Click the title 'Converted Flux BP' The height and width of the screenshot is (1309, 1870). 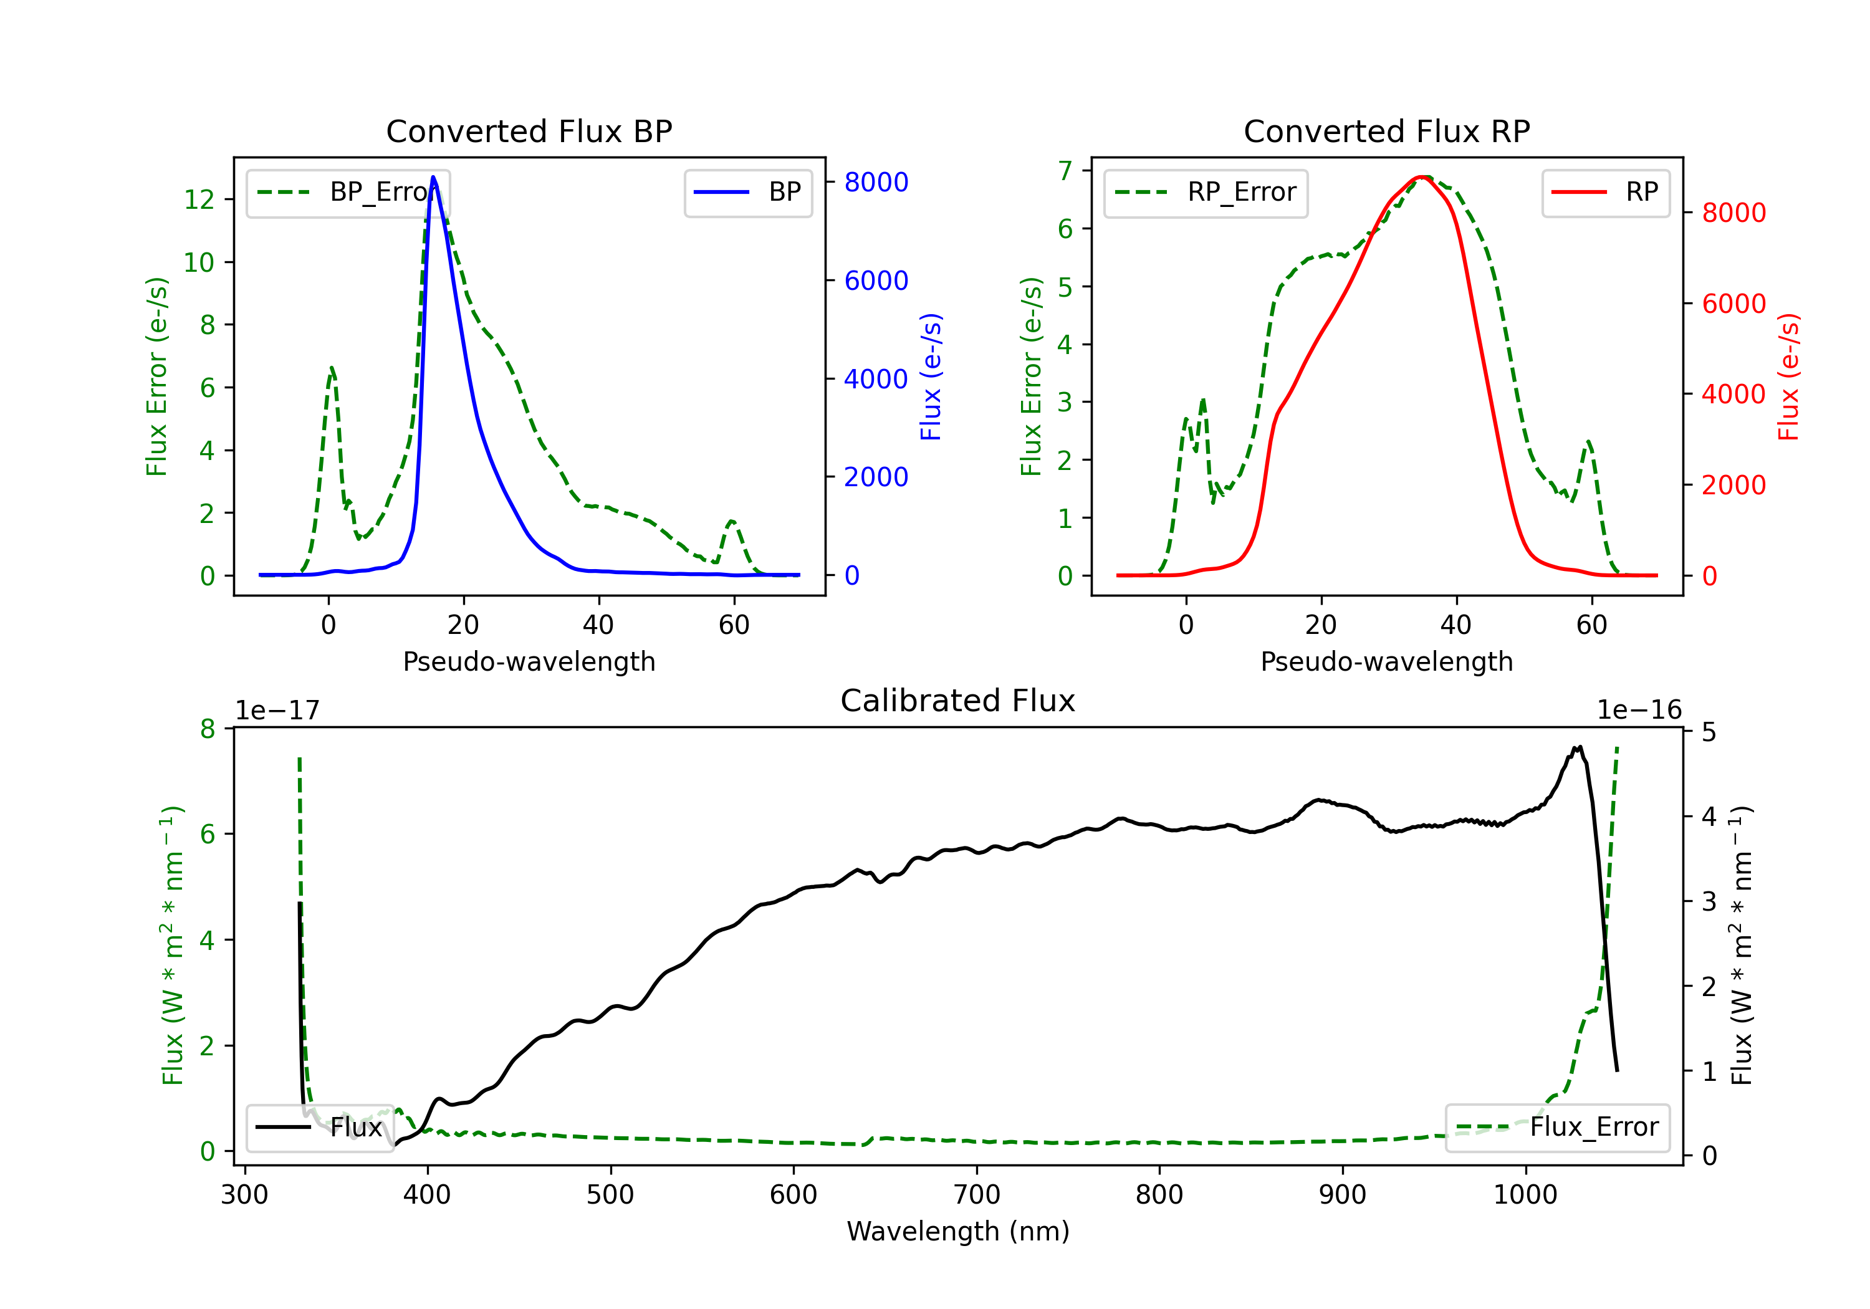529,131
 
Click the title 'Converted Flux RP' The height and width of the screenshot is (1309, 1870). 1386,131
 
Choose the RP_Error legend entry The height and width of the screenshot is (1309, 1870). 1206,192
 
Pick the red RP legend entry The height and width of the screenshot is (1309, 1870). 1604,192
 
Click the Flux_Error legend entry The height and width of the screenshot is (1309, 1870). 1557,1128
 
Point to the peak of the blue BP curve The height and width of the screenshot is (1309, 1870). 433,177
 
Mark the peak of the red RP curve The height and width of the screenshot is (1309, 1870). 1422,177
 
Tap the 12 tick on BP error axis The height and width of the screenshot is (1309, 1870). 199,199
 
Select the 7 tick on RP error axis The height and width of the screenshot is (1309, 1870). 1065,170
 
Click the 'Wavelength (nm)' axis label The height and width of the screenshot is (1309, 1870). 958,1231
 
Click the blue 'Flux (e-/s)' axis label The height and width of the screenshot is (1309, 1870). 931,376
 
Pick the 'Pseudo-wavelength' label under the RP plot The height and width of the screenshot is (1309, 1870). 1386,661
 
